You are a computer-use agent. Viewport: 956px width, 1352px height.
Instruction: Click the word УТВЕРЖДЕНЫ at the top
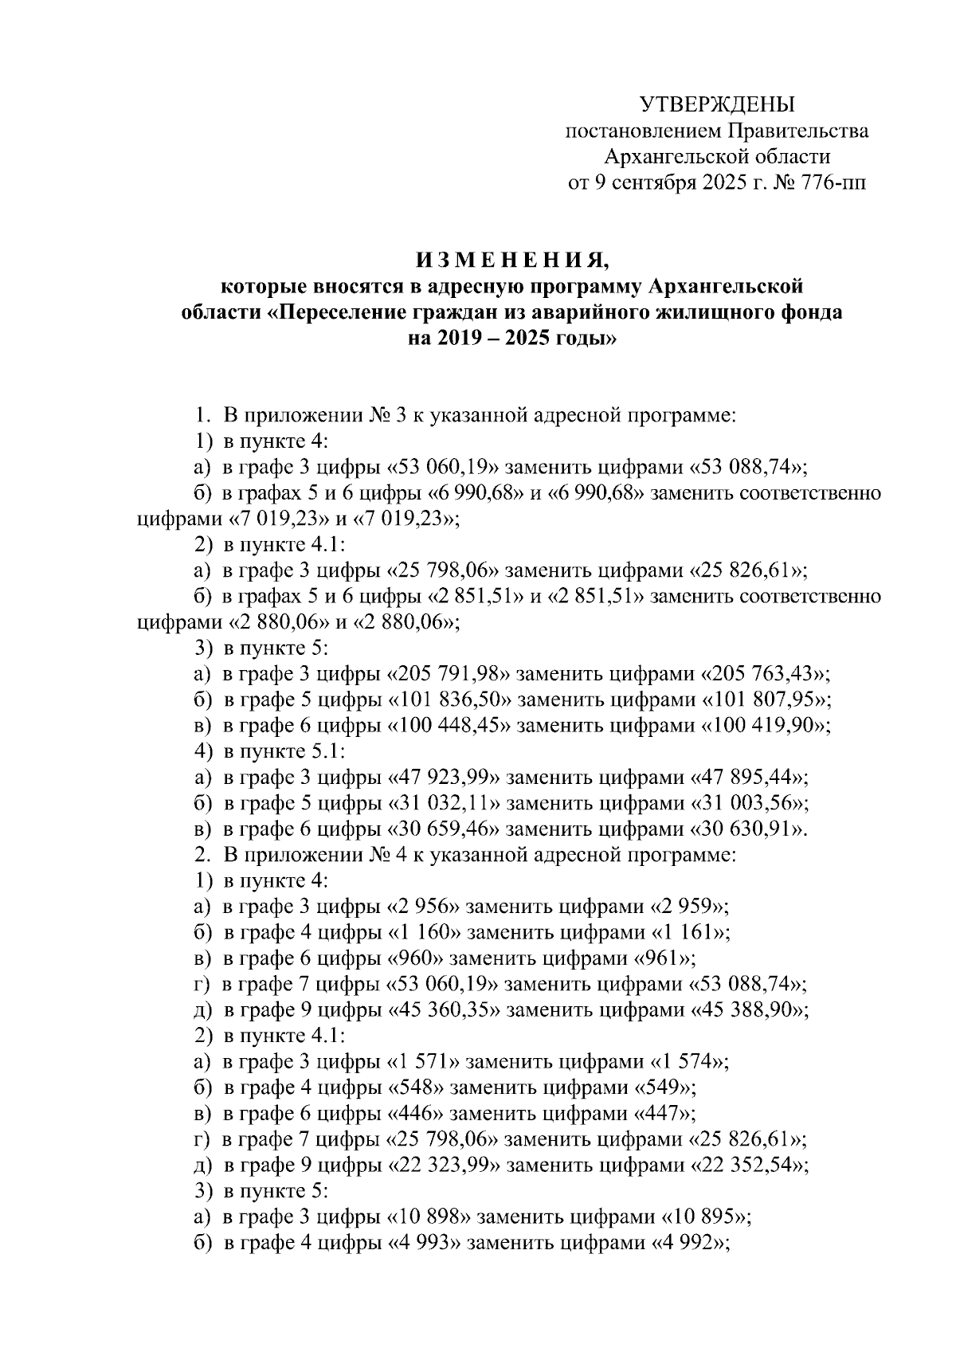click(x=717, y=104)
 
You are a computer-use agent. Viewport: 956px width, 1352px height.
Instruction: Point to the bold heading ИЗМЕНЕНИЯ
click(x=511, y=261)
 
